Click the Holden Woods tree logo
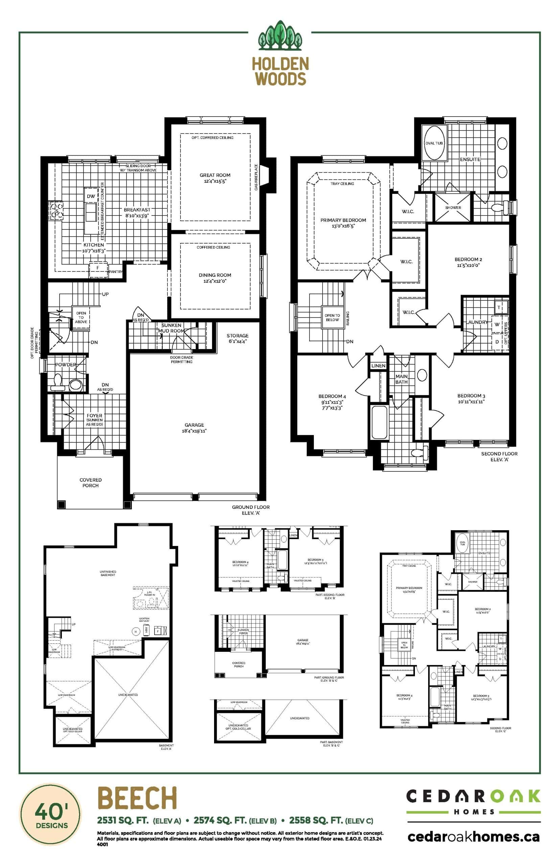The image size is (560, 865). click(280, 35)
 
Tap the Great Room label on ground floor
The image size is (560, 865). click(215, 178)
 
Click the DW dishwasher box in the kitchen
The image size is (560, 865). click(91, 196)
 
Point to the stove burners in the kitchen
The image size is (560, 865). click(57, 211)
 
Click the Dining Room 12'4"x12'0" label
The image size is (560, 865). click(215, 277)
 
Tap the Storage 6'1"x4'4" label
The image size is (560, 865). click(237, 338)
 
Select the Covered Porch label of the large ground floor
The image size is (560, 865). click(90, 483)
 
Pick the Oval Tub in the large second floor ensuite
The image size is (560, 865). click(434, 143)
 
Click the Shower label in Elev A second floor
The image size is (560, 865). click(453, 207)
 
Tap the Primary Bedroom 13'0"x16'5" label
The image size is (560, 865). click(343, 223)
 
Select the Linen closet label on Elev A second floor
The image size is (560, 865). click(378, 366)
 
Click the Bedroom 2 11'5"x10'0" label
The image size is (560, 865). click(468, 262)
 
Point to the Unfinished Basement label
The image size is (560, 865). click(108, 573)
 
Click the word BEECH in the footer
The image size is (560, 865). click(137, 798)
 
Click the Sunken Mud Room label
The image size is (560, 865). click(171, 328)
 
